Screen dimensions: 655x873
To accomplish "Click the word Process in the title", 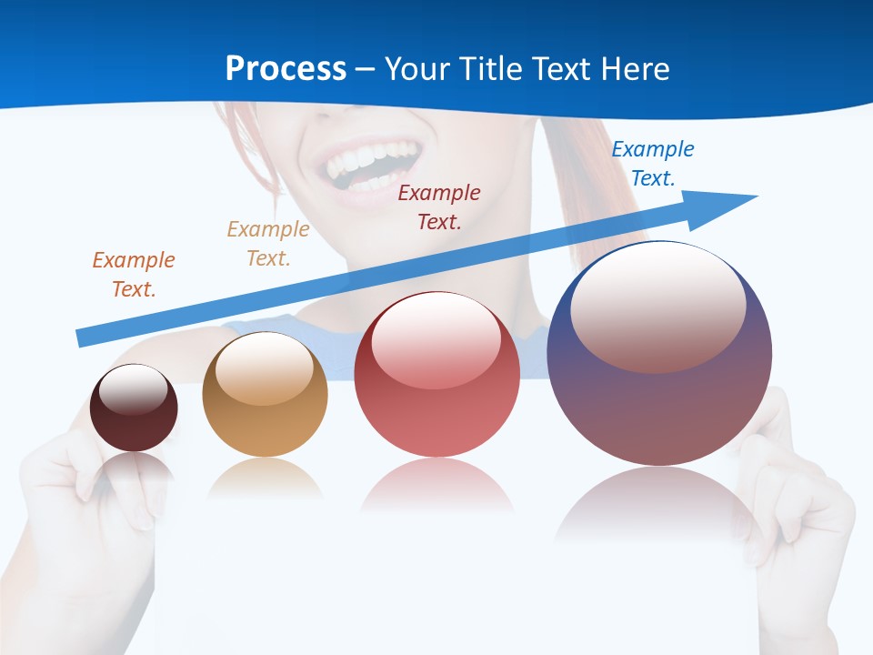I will pos(286,69).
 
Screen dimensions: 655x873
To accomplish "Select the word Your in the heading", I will pos(417,69).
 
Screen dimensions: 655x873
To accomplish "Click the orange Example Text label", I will pos(134,275).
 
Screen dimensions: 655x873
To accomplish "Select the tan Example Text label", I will pos(268,244).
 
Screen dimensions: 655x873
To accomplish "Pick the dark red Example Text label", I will pos(439,207).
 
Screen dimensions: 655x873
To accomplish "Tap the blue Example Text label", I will pos(653,164).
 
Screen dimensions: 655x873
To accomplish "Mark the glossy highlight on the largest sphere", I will pos(657,305).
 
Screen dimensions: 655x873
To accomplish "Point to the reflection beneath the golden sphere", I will pos(265,478).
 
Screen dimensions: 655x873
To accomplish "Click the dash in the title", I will pos(365,69).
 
